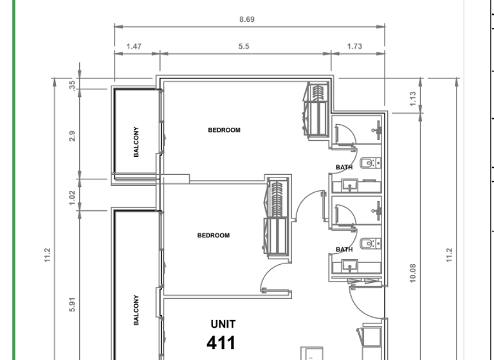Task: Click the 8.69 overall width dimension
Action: pyautogui.click(x=247, y=19)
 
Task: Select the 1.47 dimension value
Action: pyautogui.click(x=134, y=46)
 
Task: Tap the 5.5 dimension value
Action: pyautogui.click(x=243, y=46)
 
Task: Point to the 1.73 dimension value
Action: pyautogui.click(x=354, y=46)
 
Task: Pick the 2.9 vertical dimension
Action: pyautogui.click(x=72, y=136)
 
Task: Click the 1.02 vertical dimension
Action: pyautogui.click(x=72, y=195)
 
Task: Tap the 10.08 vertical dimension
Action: pyautogui.click(x=413, y=273)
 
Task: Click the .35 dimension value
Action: pyautogui.click(x=72, y=84)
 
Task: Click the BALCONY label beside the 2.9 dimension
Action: pyautogui.click(x=136, y=141)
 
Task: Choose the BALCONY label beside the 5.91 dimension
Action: pyautogui.click(x=136, y=310)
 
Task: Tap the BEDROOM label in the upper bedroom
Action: pyautogui.click(x=224, y=130)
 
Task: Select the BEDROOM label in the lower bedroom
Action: pyautogui.click(x=213, y=235)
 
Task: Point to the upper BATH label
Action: pyautogui.click(x=344, y=168)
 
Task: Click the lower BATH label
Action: pyautogui.click(x=344, y=249)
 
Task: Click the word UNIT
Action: pyautogui.click(x=223, y=324)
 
